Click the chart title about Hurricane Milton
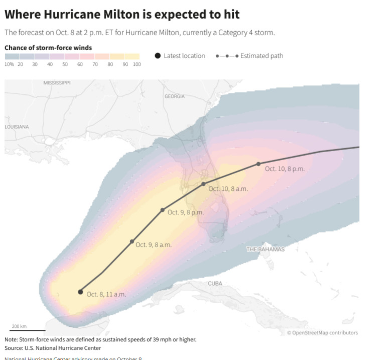[122, 14]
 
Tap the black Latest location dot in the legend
[158, 56]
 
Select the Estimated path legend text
[262, 56]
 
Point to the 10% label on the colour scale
[9, 65]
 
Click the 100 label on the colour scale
[136, 65]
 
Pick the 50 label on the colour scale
[65, 65]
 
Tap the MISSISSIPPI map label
[57, 82]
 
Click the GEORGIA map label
[174, 96]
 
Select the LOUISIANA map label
[17, 127]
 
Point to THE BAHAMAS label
[265, 250]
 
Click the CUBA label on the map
[215, 284]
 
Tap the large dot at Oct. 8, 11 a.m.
[80, 292]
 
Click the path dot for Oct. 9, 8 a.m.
[132, 242]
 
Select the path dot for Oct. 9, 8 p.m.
[162, 210]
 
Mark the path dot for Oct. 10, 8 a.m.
[204, 184]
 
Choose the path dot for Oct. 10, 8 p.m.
[259, 164]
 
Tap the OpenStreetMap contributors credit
[322, 332]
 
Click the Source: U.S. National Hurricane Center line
[53, 348]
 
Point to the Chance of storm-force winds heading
[48, 48]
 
